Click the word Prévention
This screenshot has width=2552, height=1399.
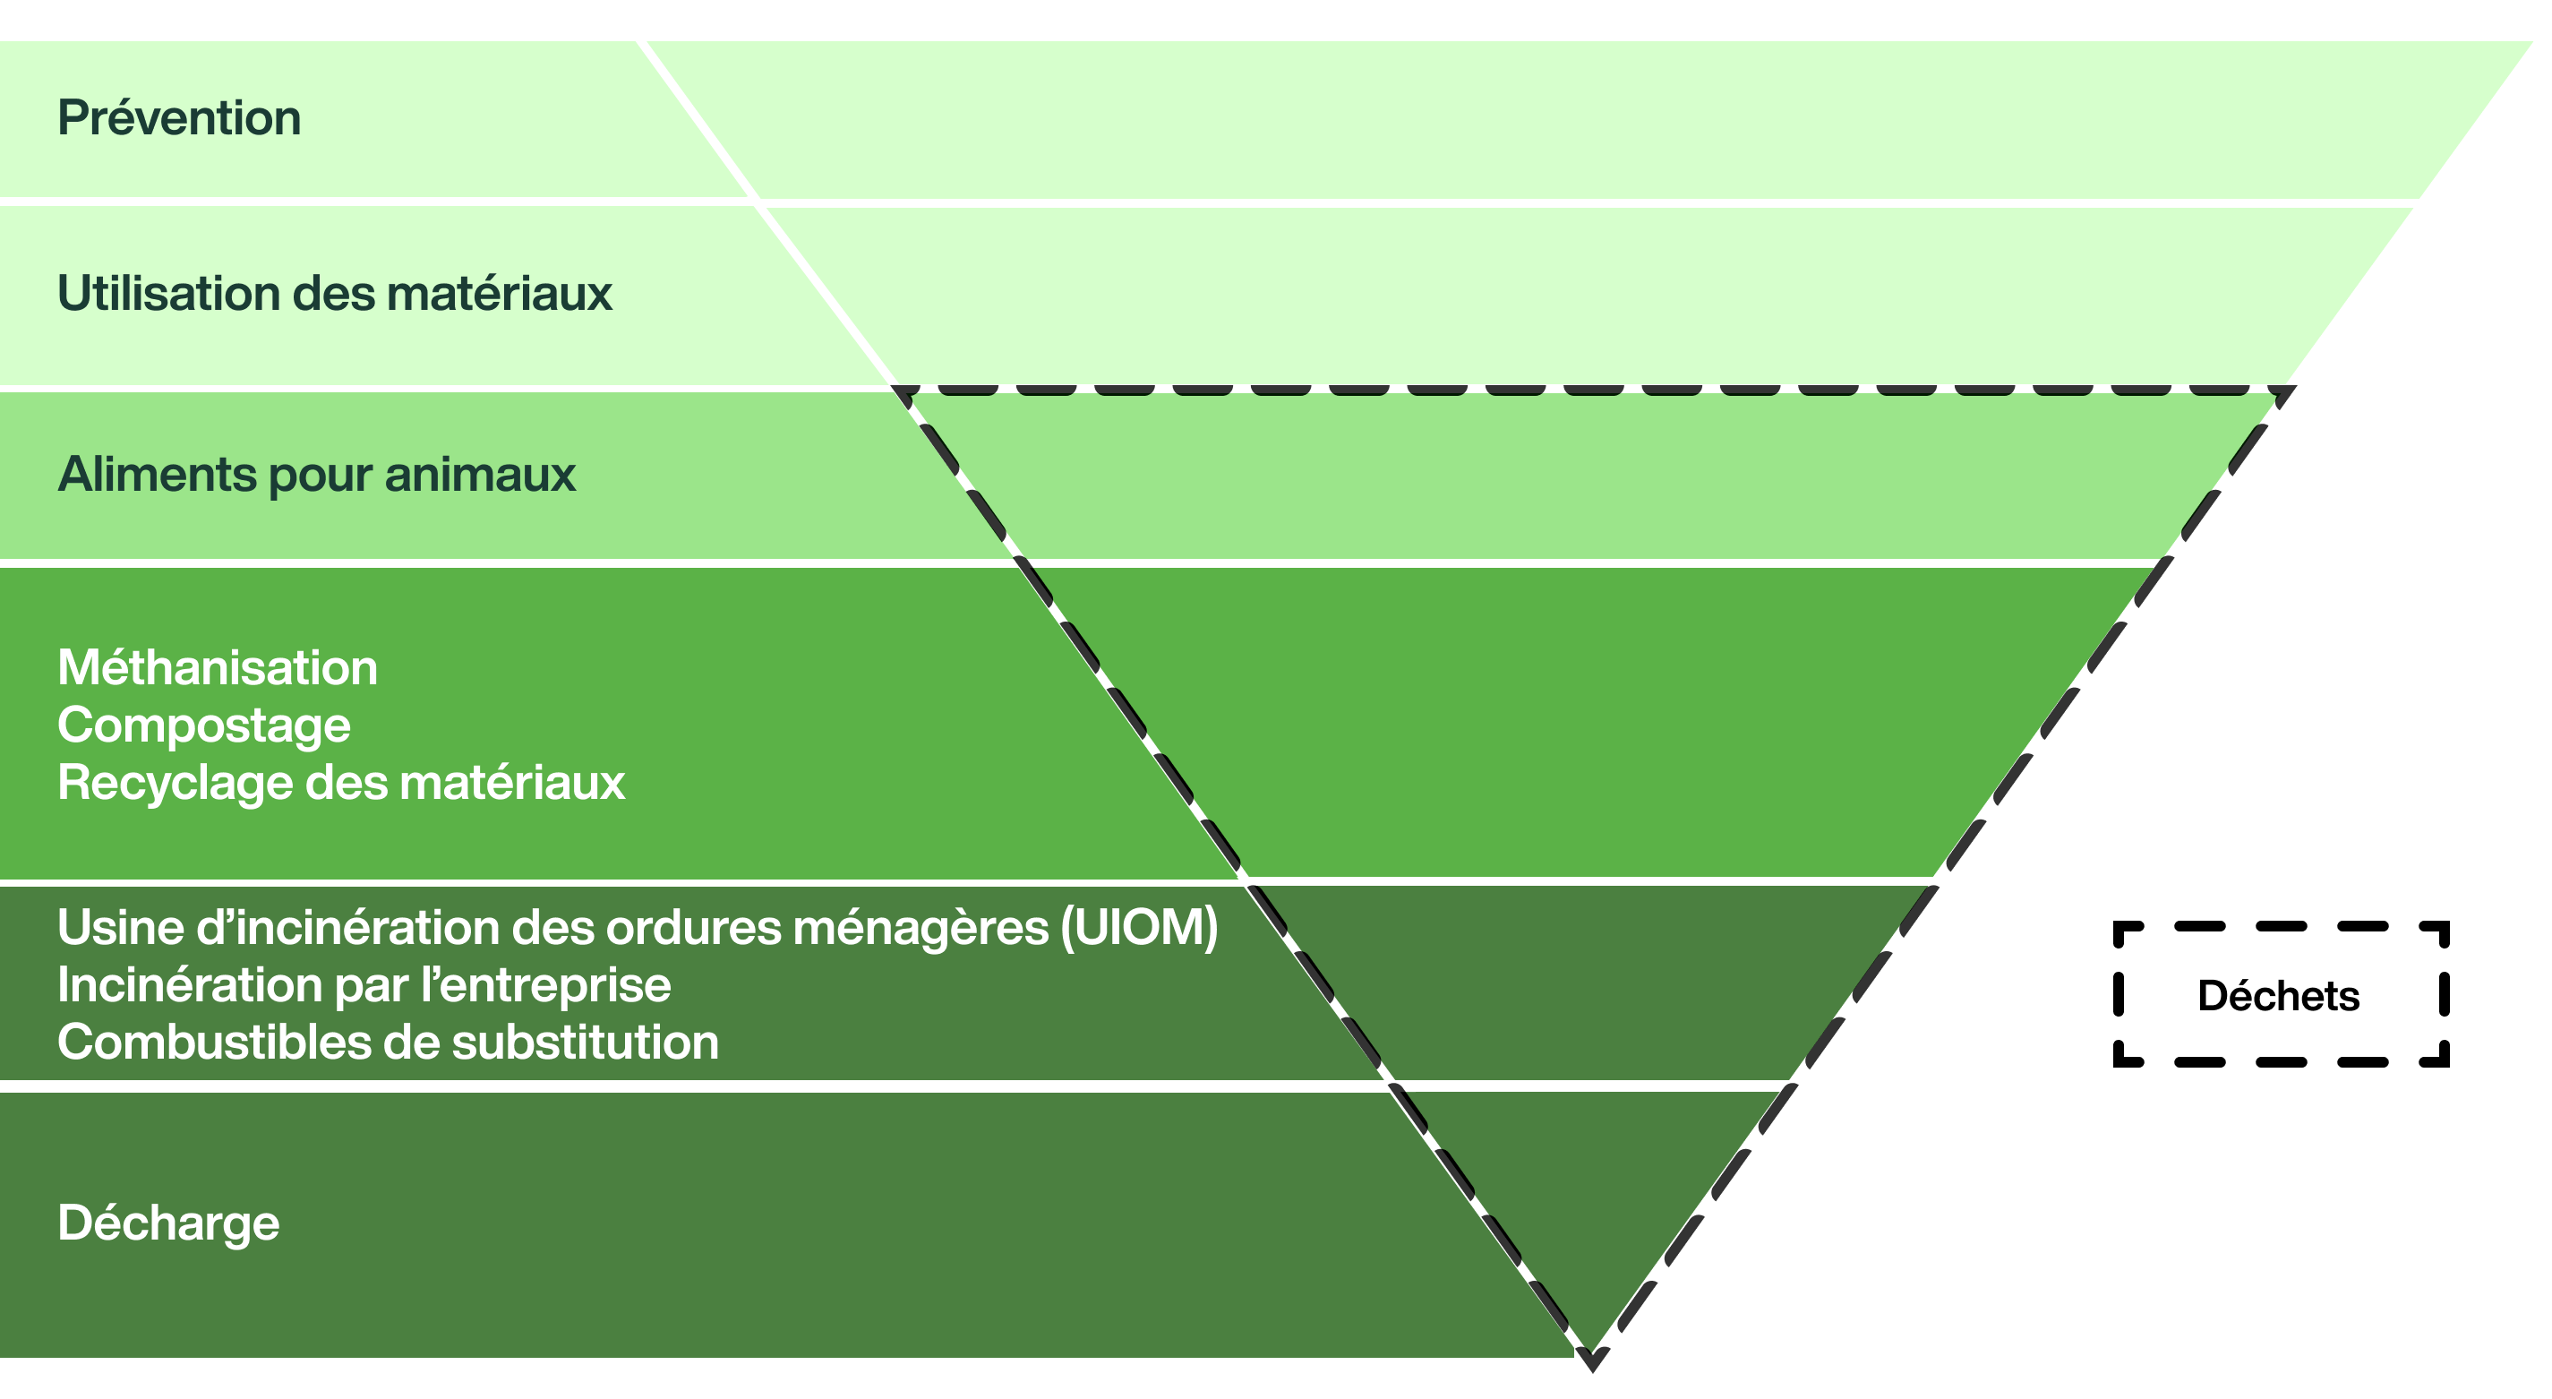click(179, 118)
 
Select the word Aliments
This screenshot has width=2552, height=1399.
click(157, 475)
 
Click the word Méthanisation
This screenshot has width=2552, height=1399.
click(217, 668)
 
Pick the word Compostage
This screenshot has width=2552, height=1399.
click(203, 725)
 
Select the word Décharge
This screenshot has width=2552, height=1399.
click(168, 1223)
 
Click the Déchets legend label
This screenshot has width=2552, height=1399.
click(2279, 996)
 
